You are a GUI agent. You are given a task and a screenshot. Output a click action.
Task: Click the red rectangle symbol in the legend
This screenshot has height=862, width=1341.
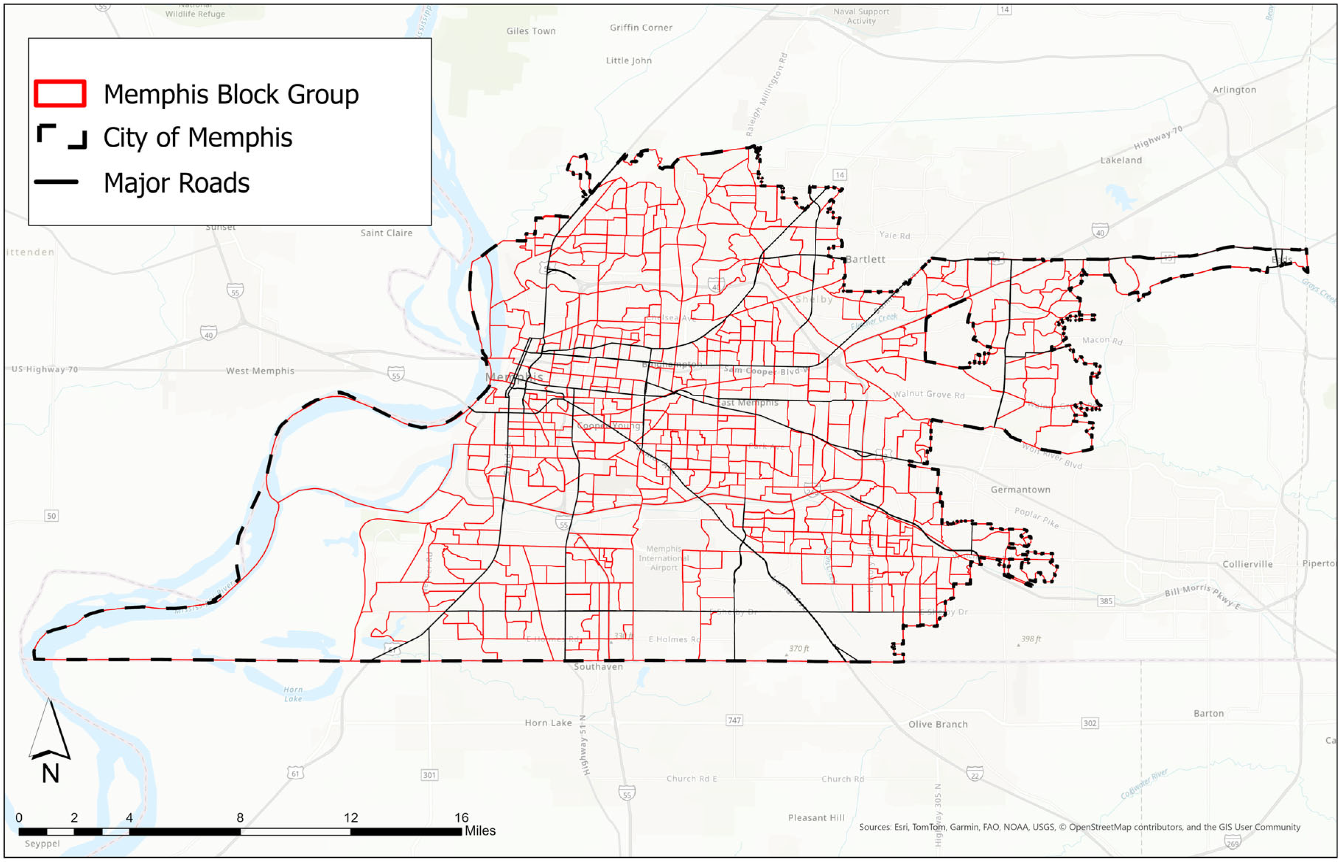click(60, 94)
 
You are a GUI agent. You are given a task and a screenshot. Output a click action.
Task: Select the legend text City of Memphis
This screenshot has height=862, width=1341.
click(198, 138)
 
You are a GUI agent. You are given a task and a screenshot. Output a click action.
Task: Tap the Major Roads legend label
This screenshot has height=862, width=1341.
click(176, 183)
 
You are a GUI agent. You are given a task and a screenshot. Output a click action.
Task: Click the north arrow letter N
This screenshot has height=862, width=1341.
click(50, 774)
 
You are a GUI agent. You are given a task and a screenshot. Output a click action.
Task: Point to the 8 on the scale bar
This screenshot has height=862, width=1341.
click(240, 818)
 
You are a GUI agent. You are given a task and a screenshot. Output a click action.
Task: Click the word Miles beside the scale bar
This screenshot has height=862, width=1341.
click(480, 831)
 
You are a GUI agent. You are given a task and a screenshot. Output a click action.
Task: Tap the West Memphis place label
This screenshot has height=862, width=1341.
click(260, 371)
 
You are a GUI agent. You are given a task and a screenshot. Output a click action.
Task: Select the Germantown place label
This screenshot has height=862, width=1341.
click(1020, 490)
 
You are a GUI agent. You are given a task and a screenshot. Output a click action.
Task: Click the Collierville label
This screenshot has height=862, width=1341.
click(1247, 564)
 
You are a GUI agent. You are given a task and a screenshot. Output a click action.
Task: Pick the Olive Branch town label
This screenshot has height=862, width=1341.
click(937, 724)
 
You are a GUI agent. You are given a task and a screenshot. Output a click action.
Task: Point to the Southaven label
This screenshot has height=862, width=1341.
click(598, 666)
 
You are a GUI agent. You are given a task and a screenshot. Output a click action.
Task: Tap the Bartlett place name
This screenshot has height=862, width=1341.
click(865, 260)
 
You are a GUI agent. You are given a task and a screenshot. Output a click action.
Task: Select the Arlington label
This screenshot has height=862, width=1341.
click(1234, 89)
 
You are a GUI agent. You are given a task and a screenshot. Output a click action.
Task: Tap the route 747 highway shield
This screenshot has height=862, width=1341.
click(734, 720)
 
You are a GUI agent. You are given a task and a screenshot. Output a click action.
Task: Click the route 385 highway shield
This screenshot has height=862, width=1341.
click(1105, 601)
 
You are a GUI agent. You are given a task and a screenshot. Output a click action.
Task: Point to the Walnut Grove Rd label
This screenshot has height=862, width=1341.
click(928, 395)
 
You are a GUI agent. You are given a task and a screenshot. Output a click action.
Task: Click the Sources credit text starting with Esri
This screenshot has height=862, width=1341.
click(1079, 827)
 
